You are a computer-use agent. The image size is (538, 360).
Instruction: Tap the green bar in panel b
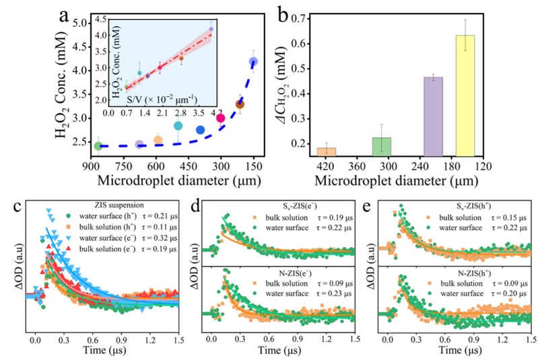click(381, 148)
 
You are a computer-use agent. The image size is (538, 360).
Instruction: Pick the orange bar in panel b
click(327, 152)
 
